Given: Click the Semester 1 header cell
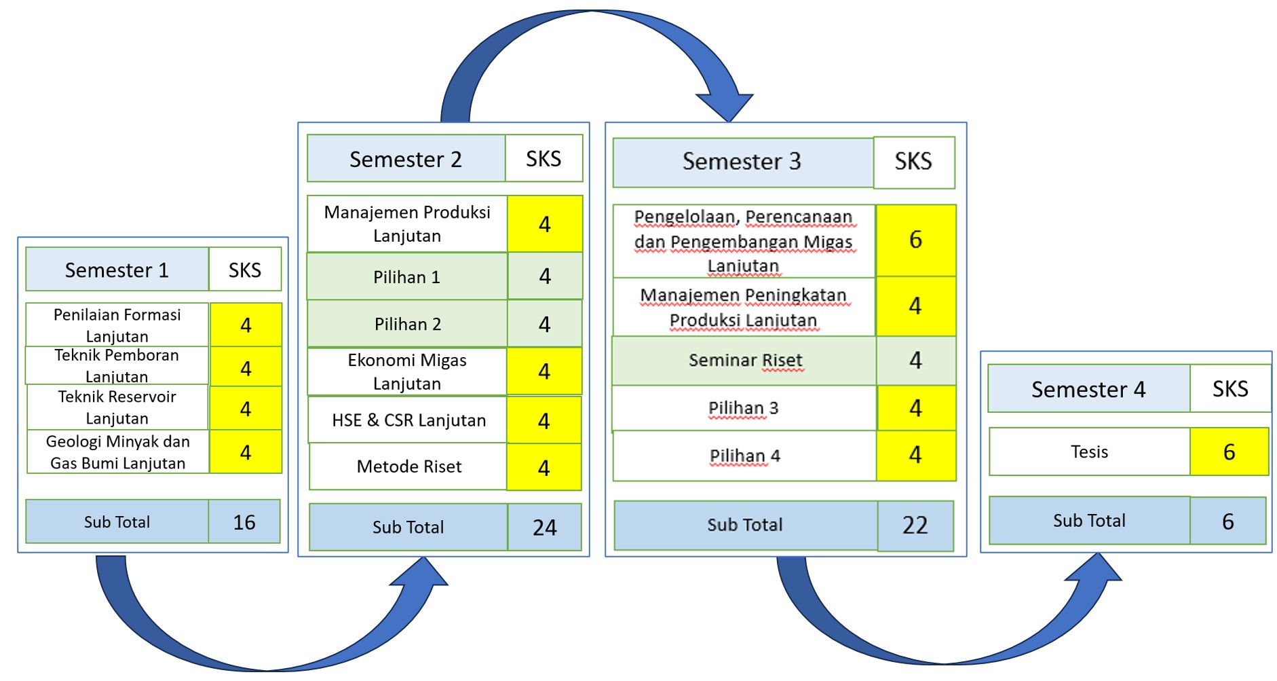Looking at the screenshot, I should click(x=117, y=270).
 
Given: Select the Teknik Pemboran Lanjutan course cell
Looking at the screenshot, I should click(x=117, y=365).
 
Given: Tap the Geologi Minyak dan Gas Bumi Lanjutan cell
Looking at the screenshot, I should click(x=117, y=452).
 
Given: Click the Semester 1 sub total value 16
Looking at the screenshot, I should click(x=244, y=521).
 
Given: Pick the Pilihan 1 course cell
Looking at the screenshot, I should click(x=406, y=276).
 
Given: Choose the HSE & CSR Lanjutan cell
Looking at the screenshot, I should click(x=408, y=420).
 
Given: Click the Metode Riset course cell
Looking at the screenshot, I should click(x=408, y=466).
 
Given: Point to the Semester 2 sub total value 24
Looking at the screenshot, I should click(x=544, y=527).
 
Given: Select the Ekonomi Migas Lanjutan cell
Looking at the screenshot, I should click(x=406, y=371).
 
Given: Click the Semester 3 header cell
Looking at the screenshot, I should click(x=742, y=162).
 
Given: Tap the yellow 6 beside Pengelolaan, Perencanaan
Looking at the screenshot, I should click(x=915, y=240).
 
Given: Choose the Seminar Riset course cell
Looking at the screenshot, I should click(x=744, y=361).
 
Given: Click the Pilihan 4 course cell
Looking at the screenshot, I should click(x=744, y=456).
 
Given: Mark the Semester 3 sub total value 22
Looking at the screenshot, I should click(x=915, y=526).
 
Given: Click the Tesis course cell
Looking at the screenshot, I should click(x=1089, y=452).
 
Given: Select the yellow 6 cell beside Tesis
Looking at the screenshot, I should click(x=1229, y=452).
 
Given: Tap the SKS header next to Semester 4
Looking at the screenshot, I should click(x=1230, y=388).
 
